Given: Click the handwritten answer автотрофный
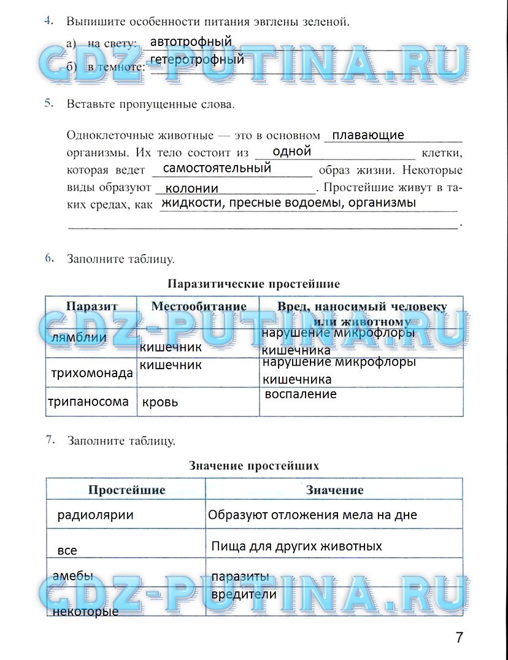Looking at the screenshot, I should [x=191, y=42].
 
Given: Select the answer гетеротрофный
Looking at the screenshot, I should [x=197, y=59].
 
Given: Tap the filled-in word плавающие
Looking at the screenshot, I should [x=364, y=135].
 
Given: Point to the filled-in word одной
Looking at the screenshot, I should [x=291, y=152].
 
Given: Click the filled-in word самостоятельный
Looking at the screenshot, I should [x=217, y=168].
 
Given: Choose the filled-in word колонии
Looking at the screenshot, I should [x=192, y=188].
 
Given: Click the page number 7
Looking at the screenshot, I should [x=460, y=637].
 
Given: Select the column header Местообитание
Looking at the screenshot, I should [x=199, y=306].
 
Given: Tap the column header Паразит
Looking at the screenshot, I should [x=92, y=306].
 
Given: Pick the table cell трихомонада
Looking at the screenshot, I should [x=92, y=373].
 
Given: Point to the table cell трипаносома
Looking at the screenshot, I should [x=89, y=402].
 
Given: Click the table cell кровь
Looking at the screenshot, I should [x=160, y=402].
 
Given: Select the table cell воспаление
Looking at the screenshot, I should [x=301, y=394].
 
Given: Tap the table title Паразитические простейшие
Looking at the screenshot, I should [x=253, y=284].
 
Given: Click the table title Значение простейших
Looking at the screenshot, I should [x=253, y=466].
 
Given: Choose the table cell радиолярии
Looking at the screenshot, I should [x=95, y=515].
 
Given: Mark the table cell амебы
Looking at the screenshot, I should [x=73, y=576].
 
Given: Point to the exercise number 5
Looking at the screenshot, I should [x=49, y=104].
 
